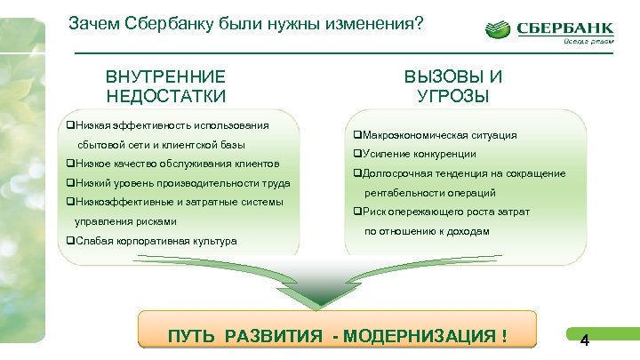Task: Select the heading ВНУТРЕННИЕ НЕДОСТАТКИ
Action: click(x=166, y=86)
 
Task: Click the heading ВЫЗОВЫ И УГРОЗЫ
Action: click(x=452, y=86)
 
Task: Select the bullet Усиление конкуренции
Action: click(x=413, y=154)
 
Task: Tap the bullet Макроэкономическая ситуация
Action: click(x=434, y=135)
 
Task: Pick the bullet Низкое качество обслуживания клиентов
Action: click(x=172, y=164)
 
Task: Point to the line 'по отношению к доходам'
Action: click(x=426, y=230)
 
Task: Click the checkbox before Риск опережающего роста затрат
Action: click(x=356, y=212)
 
